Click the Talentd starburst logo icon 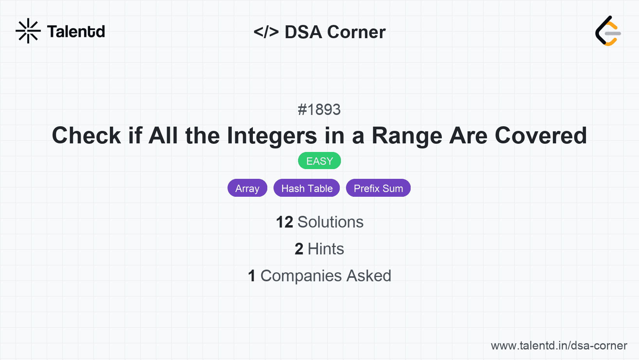coord(28,31)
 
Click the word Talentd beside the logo coord(76,32)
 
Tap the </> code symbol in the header coord(266,32)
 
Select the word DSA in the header coord(303,32)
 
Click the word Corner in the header coord(356,32)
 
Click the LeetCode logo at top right coord(608,31)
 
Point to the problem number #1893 coord(319,110)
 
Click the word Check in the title coord(86,136)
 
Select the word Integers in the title coord(272,136)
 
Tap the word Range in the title coord(407,136)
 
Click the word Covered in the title coord(540,136)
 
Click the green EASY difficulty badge coord(319,161)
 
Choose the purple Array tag coord(247,188)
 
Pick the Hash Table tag coord(307,188)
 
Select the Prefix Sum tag coord(378,188)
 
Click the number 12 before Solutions coord(284,222)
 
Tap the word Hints coord(326,249)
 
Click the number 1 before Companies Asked coord(252,276)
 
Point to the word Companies coord(301,276)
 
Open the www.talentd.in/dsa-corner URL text coord(559,346)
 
